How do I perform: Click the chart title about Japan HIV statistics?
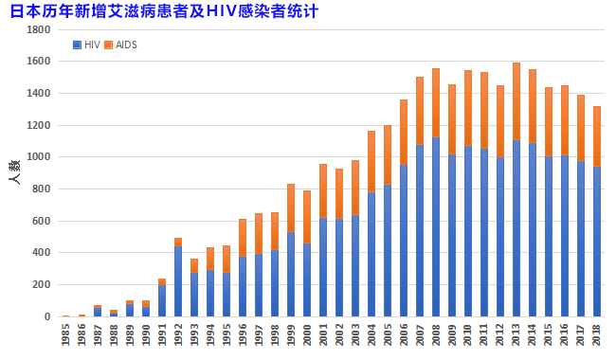pos(162,12)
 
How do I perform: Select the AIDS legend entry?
pos(120,45)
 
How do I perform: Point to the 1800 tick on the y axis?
pos(39,29)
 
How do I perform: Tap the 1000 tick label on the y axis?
pos(39,157)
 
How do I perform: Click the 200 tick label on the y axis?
pos(42,285)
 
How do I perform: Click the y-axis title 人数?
pos(14,172)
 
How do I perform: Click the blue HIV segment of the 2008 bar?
pos(436,227)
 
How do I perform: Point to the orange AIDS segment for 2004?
pos(371,161)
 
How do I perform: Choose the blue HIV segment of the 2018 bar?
pos(596,242)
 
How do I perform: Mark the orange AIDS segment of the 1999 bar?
pos(291,208)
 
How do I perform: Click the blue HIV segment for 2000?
pos(307,279)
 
